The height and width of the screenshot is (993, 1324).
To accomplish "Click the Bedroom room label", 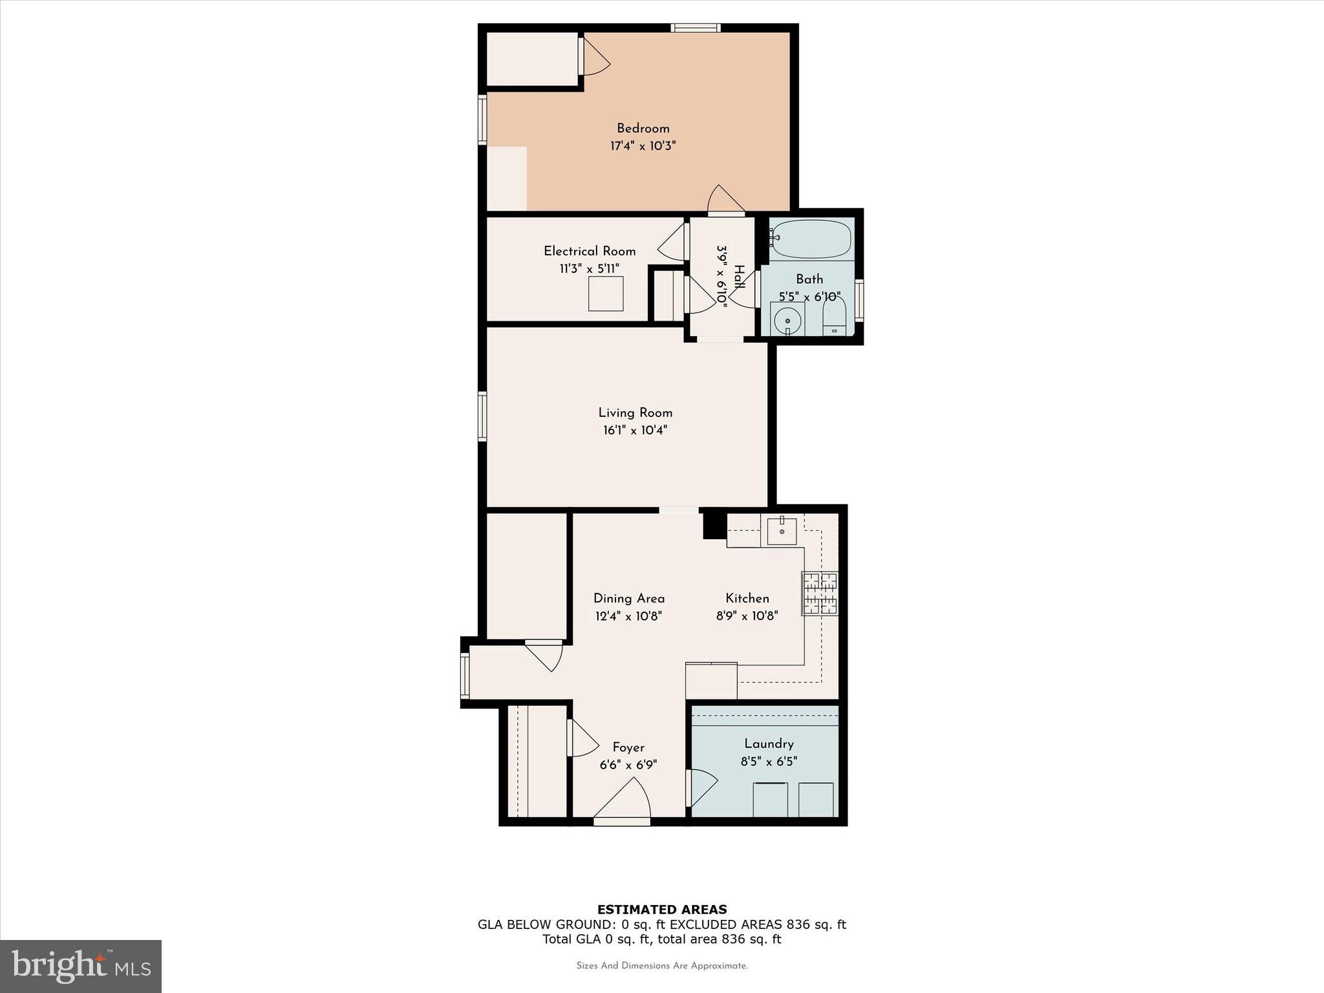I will (643, 129).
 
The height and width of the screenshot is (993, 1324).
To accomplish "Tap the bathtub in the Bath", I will (811, 239).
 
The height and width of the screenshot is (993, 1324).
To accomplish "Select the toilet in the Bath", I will (834, 317).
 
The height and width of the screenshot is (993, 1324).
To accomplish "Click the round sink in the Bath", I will (787, 320).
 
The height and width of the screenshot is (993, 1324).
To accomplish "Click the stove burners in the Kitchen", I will (820, 593).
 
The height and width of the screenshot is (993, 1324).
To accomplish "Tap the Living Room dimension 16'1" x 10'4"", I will (635, 431).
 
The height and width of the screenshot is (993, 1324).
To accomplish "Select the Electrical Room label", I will (590, 251).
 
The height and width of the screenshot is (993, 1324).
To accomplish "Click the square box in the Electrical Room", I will (606, 294).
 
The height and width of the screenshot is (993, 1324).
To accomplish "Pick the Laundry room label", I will (769, 743).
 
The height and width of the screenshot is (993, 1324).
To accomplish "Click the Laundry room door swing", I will (703, 787).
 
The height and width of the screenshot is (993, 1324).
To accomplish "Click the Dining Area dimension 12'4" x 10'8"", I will (628, 616).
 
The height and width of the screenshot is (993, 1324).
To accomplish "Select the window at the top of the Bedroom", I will (695, 28).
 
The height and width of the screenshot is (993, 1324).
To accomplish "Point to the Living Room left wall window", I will (482, 416).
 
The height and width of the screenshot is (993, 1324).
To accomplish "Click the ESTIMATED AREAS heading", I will (661, 910).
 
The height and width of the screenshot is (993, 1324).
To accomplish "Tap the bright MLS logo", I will (81, 966).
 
